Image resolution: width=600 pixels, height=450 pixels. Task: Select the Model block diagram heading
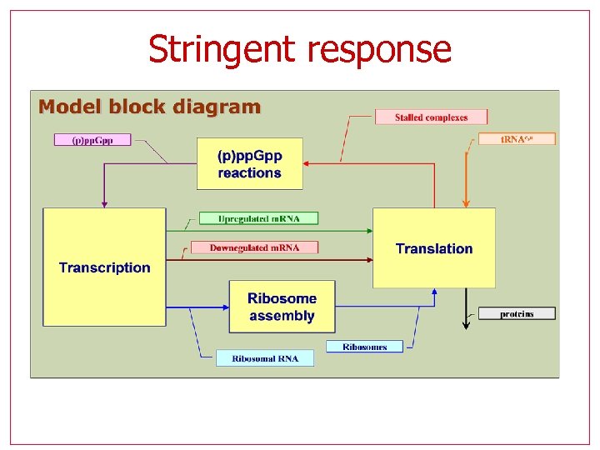point(150,107)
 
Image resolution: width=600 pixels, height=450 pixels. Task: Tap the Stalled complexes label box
point(431,117)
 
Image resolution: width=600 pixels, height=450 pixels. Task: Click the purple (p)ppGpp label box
point(92,139)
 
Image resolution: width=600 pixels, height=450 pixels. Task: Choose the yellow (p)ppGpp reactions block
point(249,164)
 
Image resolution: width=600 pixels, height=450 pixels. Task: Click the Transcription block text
point(104,267)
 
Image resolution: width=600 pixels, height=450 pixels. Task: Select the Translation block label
point(433,248)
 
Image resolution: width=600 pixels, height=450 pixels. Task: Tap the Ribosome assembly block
point(282,307)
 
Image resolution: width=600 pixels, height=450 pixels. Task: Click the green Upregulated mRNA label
point(258,218)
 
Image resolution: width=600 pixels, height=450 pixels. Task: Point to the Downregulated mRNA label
point(255,247)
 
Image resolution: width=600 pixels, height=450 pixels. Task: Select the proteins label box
point(517,313)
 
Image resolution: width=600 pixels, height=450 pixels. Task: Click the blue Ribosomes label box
point(364,347)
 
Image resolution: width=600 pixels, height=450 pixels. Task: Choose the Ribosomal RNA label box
point(265,358)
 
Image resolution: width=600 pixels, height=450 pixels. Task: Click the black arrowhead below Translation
point(466,324)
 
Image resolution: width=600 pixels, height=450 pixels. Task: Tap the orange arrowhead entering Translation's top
point(466,202)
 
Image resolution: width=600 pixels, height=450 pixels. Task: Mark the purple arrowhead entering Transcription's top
point(104,202)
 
